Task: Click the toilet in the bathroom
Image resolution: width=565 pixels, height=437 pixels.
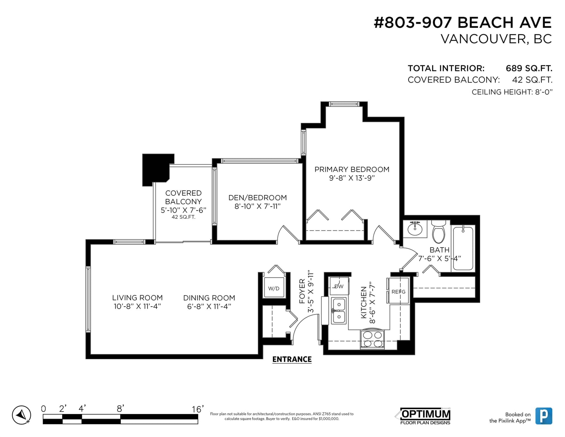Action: pos(439,231)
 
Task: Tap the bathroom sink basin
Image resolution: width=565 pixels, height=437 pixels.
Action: pos(415,229)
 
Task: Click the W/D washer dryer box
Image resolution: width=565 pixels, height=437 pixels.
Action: pos(274,288)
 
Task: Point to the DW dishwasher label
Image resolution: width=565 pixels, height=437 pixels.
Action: pos(339,287)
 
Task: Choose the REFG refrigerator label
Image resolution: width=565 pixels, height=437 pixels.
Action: pos(398,291)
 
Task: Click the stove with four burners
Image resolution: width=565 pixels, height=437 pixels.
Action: pos(372,339)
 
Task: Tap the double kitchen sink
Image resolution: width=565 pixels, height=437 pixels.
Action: pos(339,311)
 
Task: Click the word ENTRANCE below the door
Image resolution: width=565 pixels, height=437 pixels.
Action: pos(292,359)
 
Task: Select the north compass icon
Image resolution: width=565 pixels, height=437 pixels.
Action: pos(22,415)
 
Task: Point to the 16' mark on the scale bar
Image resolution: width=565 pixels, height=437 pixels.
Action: pos(198,409)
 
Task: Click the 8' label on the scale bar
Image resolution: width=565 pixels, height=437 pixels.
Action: pos(120,409)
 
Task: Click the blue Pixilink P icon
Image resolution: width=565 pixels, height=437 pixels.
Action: pos(544,416)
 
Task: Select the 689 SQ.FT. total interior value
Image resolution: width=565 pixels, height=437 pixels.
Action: pos(529,68)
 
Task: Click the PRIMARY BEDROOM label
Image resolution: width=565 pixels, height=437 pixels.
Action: pos(352,169)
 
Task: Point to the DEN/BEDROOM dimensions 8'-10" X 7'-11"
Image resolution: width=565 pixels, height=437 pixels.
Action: pos(258,206)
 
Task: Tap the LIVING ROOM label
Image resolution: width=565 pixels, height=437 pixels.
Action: pos(137,297)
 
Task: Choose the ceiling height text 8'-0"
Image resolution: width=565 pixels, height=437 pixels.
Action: pos(544,92)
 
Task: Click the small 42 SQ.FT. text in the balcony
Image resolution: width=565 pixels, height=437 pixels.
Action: pos(183,217)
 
